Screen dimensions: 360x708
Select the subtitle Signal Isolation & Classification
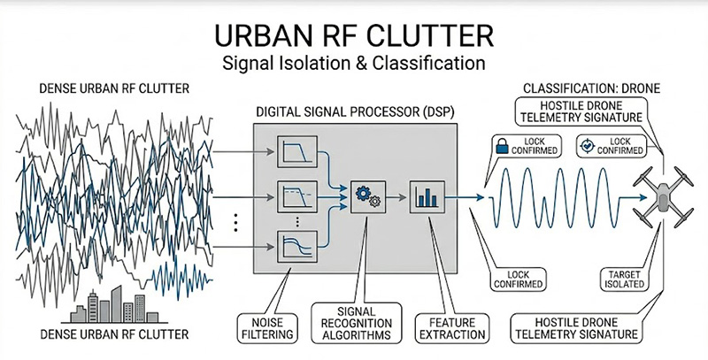click(353, 64)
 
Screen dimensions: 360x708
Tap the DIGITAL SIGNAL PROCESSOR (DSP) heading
click(354, 112)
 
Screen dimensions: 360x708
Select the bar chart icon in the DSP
click(425, 195)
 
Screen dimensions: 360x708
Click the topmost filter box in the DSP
click(294, 152)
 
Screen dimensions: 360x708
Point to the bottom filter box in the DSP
click(294, 245)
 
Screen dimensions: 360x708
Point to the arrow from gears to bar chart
click(394, 195)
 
